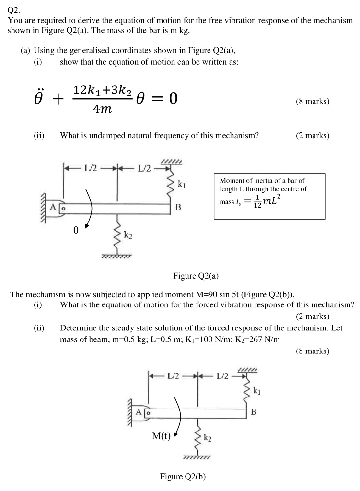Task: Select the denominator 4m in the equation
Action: point(102,109)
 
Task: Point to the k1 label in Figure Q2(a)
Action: point(182,183)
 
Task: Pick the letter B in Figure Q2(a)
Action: point(178,208)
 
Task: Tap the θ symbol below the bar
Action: point(75,230)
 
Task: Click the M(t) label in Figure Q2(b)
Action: point(162,436)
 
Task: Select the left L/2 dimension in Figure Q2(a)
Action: point(91,168)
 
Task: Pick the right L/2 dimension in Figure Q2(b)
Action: point(223,375)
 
